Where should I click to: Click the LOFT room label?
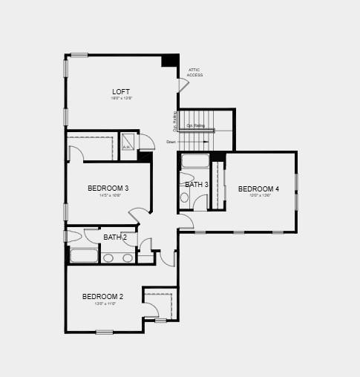[121, 92]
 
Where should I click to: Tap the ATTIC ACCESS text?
[194, 73]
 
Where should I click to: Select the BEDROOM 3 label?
[108, 188]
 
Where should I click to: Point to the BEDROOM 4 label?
[258, 189]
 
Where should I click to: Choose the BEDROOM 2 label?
[102, 297]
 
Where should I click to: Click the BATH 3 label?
[197, 184]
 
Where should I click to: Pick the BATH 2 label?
[115, 237]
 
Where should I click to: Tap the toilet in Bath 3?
[185, 197]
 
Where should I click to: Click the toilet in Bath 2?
[73, 237]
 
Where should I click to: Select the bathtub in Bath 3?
[196, 161]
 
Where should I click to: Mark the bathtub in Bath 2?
[84, 256]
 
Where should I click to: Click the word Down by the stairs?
[171, 142]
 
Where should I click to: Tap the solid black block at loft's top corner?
[170, 61]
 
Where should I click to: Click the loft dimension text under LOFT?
[121, 99]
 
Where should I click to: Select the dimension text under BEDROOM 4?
[258, 196]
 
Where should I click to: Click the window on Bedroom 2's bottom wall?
[105, 332]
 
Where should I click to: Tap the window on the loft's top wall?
[79, 55]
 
